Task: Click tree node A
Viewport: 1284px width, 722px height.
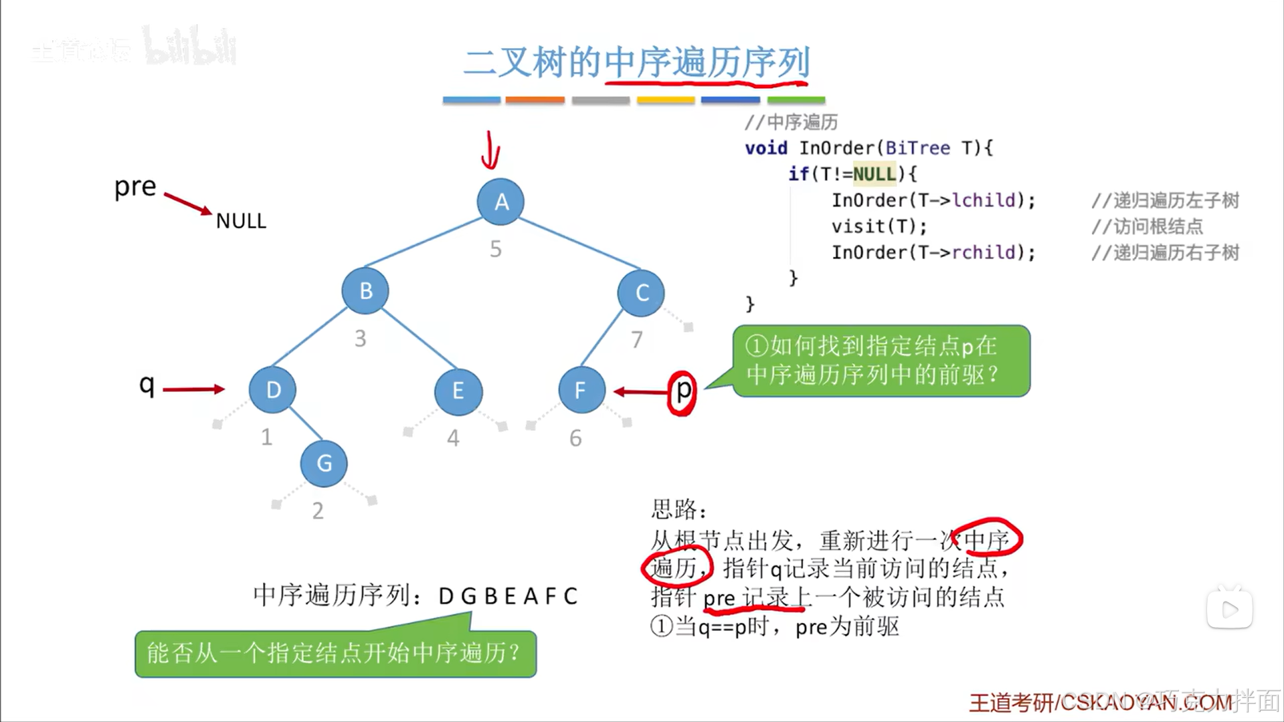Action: [500, 201]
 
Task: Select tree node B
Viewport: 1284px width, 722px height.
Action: [365, 291]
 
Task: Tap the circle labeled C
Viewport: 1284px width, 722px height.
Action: [641, 292]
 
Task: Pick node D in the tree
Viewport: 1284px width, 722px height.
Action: [272, 389]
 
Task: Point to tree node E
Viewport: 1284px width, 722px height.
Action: [458, 391]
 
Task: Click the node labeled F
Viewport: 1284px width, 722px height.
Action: [581, 390]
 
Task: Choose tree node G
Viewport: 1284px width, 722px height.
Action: [324, 463]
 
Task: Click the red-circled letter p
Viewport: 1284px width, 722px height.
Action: [682, 391]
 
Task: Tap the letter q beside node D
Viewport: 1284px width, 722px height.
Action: [147, 385]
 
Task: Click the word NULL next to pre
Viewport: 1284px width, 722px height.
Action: [241, 221]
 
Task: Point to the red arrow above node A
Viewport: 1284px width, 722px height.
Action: [490, 151]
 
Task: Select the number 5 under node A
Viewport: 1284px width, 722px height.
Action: [495, 249]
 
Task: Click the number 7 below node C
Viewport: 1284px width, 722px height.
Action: [636, 340]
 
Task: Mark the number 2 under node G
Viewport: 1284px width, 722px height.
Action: [318, 511]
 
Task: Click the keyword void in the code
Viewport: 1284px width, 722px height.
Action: [766, 148]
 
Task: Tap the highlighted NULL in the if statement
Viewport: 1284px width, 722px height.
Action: [874, 174]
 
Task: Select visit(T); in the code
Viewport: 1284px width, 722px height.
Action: [879, 226]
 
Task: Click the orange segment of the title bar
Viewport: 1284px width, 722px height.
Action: [535, 100]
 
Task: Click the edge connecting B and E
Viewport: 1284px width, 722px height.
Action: [419, 339]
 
